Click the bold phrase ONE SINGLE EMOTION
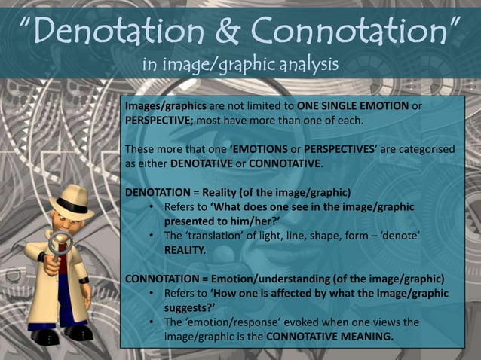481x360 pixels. tap(353, 106)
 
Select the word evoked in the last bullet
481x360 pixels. tap(310, 322)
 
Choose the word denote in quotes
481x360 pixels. tap(397, 236)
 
